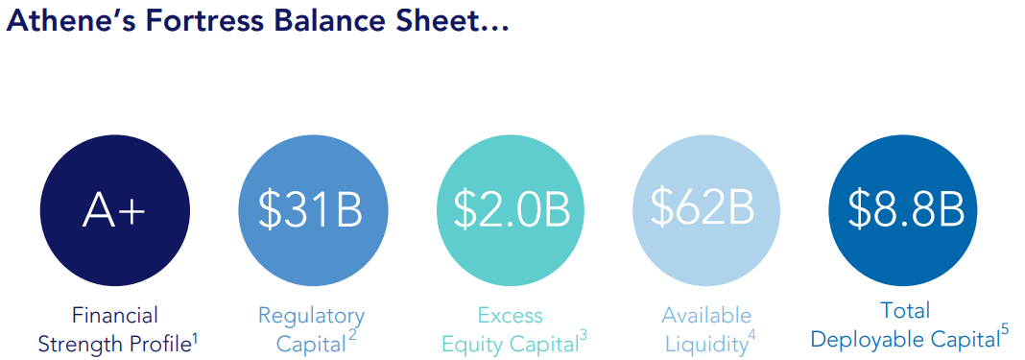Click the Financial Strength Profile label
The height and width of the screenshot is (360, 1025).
114,328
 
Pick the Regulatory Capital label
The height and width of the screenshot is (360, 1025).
311,328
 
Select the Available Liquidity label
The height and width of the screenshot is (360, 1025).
705,328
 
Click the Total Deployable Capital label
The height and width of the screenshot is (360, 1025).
904,324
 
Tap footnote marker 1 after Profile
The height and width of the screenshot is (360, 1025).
195,336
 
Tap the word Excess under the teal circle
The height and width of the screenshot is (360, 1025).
510,315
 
